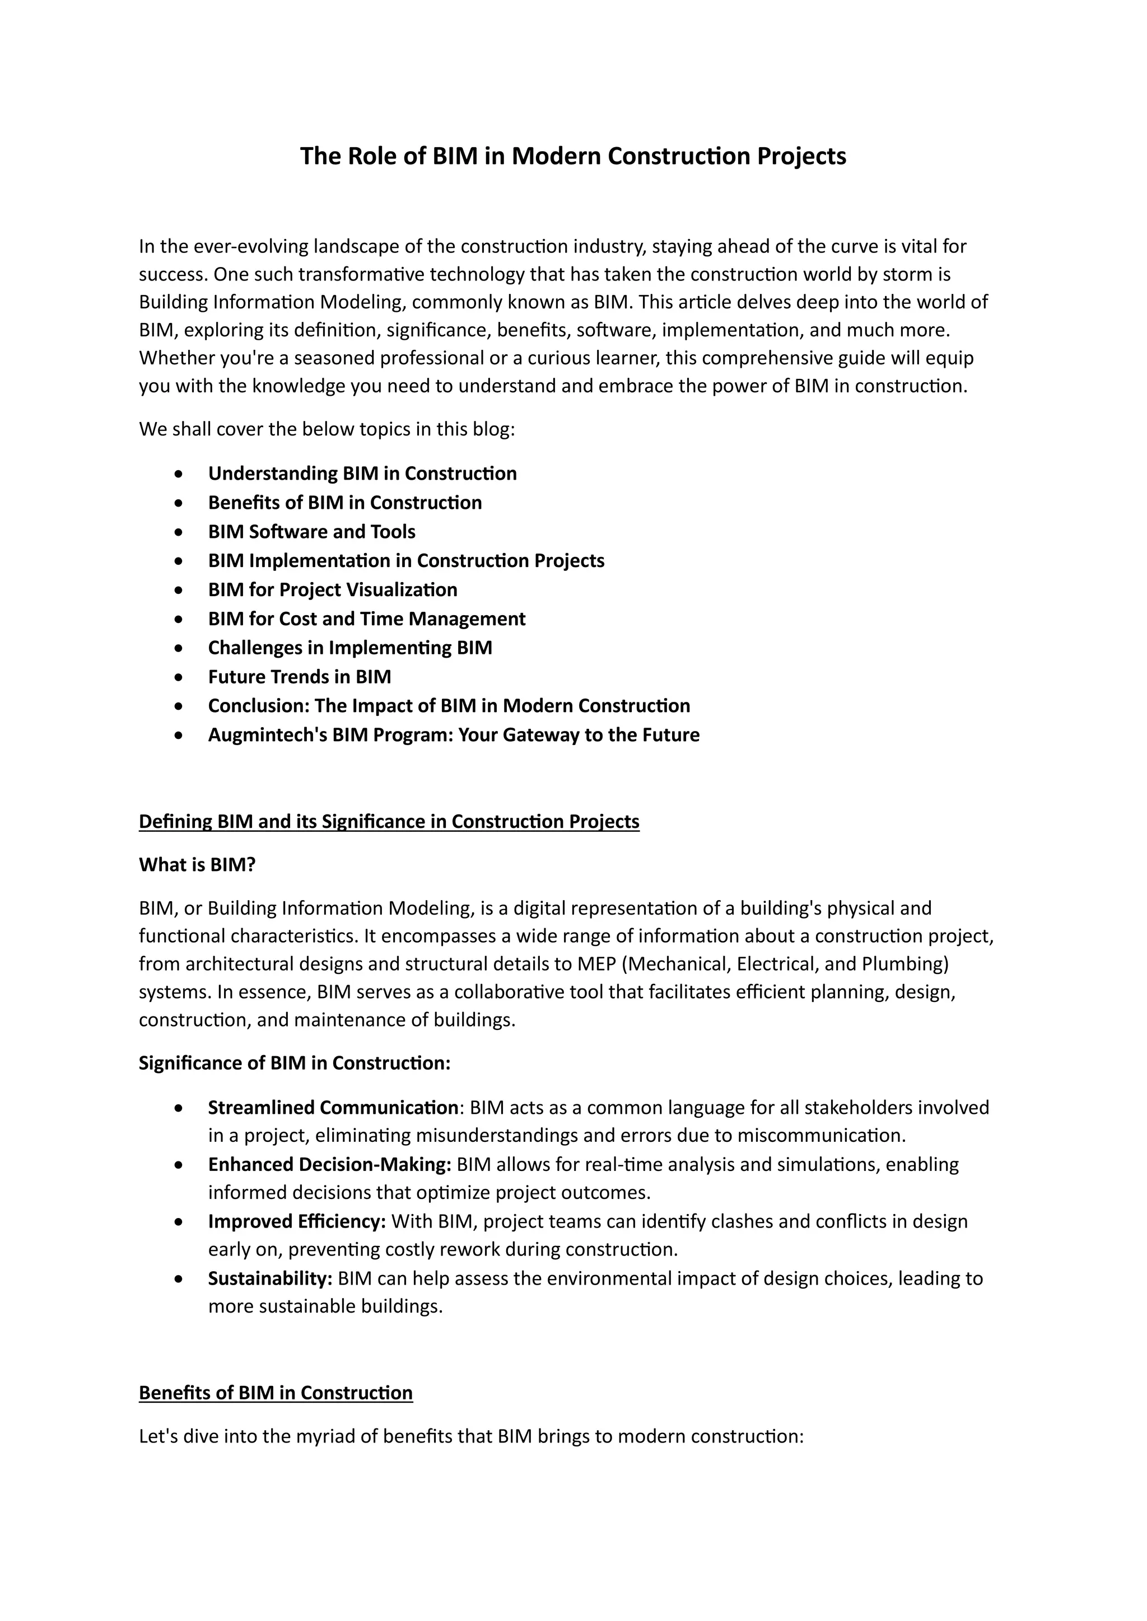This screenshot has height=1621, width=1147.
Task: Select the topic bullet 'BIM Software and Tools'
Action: pos(311,532)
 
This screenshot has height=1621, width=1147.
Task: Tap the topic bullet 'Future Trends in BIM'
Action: pos(300,677)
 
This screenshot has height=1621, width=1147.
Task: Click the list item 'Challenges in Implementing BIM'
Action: pos(349,648)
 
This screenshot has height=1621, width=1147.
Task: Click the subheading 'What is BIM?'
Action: pos(197,865)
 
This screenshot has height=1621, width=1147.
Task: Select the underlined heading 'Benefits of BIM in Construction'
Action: pos(276,1393)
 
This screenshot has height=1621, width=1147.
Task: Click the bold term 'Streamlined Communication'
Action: pos(333,1108)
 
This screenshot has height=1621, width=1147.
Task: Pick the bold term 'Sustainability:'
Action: pos(270,1278)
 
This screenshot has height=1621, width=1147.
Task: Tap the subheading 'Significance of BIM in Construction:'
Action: pos(295,1064)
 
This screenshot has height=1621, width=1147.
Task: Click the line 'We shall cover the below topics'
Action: pos(327,429)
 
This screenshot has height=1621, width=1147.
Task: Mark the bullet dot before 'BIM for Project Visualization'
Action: pos(181,590)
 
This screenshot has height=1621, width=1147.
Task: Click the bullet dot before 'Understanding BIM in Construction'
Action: pos(181,474)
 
